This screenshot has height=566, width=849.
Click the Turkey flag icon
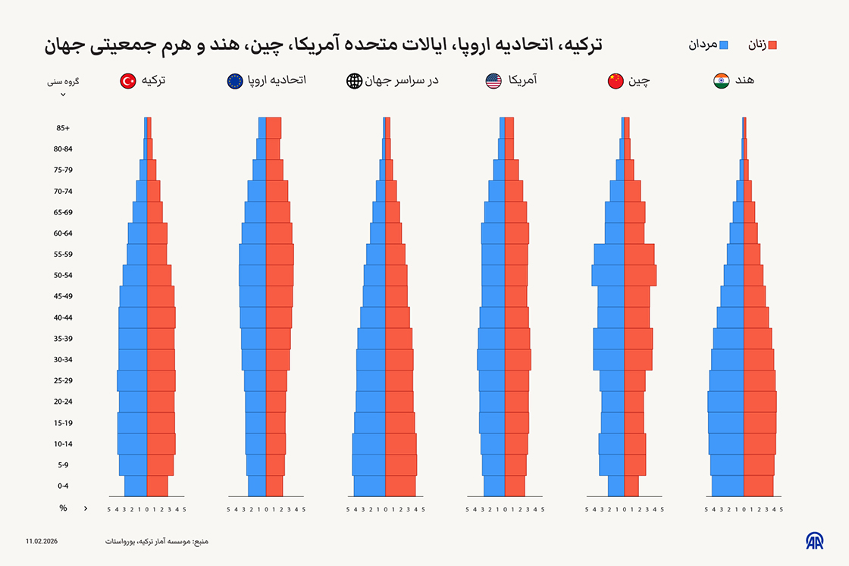[128, 80]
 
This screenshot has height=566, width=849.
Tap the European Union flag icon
[235, 80]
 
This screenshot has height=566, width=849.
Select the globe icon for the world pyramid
[354, 80]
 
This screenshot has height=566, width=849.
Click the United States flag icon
[493, 80]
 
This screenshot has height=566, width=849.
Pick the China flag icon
[616, 80]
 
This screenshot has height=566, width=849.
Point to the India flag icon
[721, 80]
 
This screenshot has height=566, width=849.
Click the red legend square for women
[772, 45]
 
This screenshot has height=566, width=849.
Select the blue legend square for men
[723, 45]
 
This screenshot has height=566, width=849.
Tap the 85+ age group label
[63, 128]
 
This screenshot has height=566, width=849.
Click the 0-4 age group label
[63, 486]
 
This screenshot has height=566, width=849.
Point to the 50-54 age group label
[63, 275]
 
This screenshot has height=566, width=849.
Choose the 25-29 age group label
[63, 380]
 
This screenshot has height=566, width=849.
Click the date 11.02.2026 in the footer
[41, 541]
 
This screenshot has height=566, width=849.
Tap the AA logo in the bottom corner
[814, 540]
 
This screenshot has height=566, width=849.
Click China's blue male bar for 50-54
[608, 275]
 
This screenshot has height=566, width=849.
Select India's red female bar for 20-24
[760, 402]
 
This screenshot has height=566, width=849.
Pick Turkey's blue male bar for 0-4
[136, 486]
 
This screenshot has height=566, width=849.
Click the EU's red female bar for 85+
[274, 128]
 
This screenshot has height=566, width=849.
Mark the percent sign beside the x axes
[63, 508]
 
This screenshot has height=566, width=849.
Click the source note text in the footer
[157, 541]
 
